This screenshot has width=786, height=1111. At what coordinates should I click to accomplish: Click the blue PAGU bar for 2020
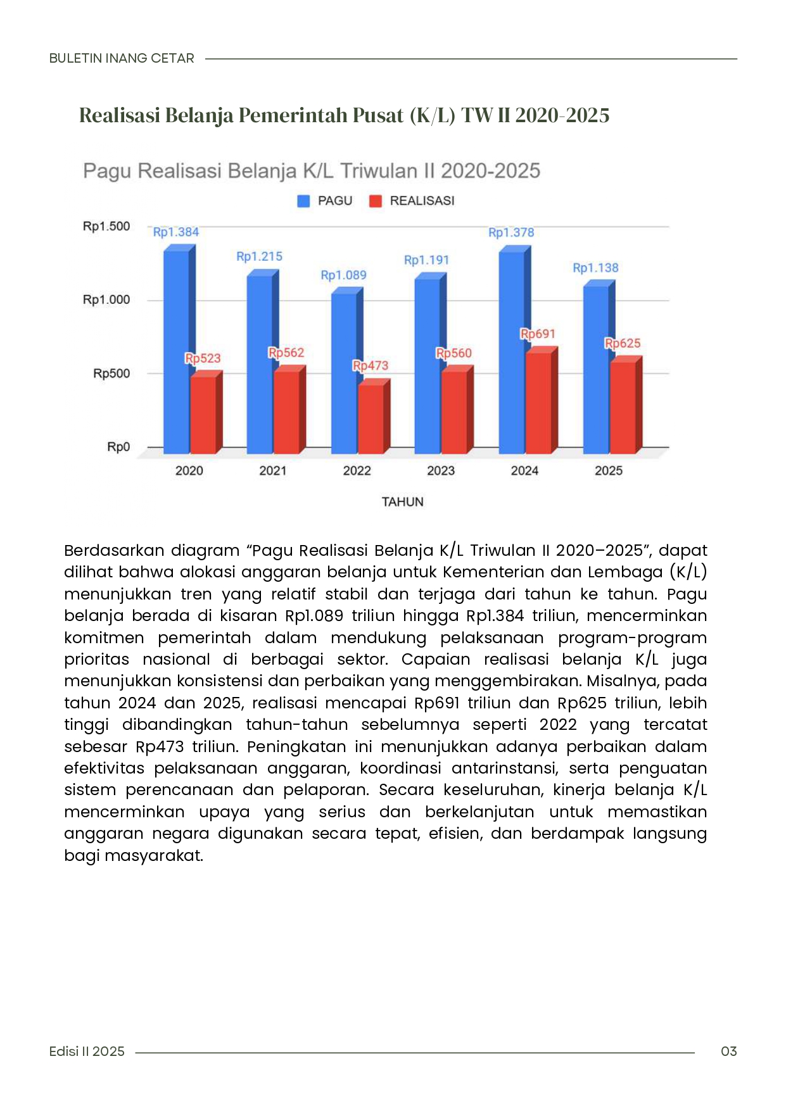176,351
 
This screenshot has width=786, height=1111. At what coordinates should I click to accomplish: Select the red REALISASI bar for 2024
538,403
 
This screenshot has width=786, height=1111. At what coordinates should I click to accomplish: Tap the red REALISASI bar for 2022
371,418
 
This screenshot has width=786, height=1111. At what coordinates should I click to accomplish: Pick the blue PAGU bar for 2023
428,365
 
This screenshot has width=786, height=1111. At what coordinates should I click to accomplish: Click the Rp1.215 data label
259,256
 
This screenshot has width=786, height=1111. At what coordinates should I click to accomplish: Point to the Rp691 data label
538,334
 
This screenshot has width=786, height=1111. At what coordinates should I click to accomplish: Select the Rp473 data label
371,365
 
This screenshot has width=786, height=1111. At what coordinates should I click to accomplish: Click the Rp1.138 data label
595,268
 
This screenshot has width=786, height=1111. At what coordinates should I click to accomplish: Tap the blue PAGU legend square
304,201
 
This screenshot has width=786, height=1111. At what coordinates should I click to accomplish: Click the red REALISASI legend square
376,201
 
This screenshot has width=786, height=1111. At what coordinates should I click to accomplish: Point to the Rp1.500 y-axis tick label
106,227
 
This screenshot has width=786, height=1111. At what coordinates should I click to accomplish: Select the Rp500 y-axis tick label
111,373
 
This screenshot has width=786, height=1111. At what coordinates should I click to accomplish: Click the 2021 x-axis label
273,470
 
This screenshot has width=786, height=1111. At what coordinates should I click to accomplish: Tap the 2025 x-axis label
609,470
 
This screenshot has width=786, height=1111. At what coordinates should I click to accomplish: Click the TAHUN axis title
402,502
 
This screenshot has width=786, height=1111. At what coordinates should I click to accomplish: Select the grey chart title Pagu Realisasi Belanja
312,171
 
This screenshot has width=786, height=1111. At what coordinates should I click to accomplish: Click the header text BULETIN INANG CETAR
122,58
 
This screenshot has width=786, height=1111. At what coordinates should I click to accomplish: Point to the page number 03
728,1051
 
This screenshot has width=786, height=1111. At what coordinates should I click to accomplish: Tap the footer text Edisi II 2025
87,1051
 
